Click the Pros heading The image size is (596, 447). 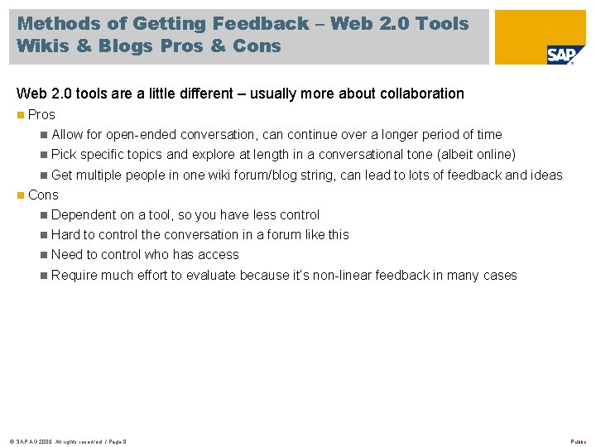41,114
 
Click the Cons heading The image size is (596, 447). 43,195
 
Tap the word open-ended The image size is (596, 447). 158,134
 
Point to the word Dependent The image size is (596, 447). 84,214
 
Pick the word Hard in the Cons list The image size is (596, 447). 65,235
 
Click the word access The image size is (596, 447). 219,255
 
